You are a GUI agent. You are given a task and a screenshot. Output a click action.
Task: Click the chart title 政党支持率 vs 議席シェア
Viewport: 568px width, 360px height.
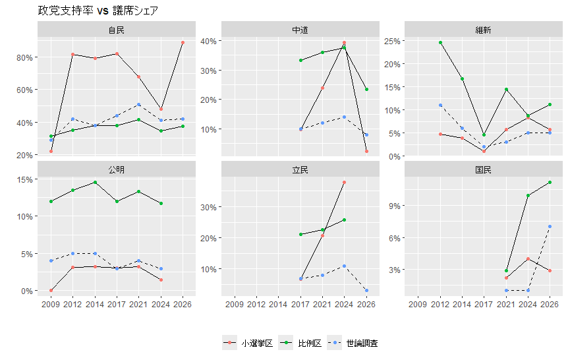pyautogui.click(x=98, y=11)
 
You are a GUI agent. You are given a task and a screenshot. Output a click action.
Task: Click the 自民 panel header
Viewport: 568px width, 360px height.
pyautogui.click(x=117, y=30)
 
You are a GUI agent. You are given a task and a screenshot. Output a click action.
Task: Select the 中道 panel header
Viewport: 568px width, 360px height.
pyautogui.click(x=300, y=30)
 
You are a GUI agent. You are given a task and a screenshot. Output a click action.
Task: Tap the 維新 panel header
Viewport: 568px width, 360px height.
pyautogui.click(x=483, y=30)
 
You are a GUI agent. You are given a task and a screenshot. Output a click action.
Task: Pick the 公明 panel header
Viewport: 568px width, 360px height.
pyautogui.click(x=117, y=169)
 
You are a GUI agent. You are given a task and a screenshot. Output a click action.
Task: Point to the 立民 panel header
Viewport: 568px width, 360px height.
pyautogui.click(x=300, y=169)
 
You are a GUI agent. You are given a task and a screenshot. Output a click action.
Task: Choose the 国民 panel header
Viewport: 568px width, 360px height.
pyautogui.click(x=483, y=169)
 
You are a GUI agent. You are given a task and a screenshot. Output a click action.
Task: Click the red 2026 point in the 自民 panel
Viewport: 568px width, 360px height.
pyautogui.click(x=183, y=43)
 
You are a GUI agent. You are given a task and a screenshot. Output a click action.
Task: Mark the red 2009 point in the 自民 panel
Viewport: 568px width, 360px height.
pyautogui.click(x=51, y=151)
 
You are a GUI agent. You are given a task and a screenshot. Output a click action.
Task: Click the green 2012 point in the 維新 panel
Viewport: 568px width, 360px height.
pyautogui.click(x=440, y=43)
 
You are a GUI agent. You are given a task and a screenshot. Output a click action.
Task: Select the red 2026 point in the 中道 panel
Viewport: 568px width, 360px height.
pyautogui.click(x=366, y=151)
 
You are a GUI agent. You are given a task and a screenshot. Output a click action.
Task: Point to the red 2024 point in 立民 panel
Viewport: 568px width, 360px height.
pyautogui.click(x=344, y=182)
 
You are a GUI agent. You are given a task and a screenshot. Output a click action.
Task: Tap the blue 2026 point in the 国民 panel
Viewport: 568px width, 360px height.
pyautogui.click(x=550, y=227)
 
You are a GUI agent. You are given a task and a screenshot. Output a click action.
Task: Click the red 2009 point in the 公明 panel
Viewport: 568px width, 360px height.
pyautogui.click(x=51, y=290)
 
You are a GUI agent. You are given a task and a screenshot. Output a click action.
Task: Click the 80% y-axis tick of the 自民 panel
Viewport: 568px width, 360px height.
pyautogui.click(x=25, y=57)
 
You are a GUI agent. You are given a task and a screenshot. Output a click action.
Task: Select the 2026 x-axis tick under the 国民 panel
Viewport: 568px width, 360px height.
pyautogui.click(x=550, y=304)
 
